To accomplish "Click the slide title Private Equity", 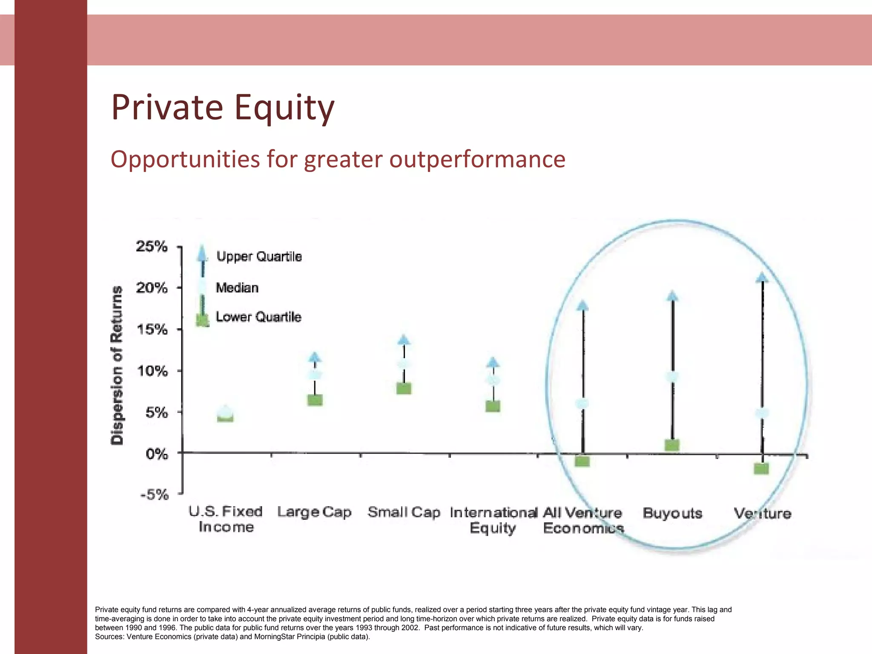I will coord(223,107).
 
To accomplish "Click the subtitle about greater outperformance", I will coord(338,159).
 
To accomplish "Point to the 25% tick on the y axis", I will coord(152,246).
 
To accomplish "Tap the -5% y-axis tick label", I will coord(154,495).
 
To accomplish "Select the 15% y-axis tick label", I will coord(152,329).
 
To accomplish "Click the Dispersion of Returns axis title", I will coord(117,365).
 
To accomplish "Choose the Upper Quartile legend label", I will coord(259,256).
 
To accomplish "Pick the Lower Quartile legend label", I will coord(258,317).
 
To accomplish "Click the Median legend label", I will coord(237,288).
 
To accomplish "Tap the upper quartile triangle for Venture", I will coord(762,278).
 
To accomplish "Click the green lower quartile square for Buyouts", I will coord(672,445).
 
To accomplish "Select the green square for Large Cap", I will coord(315,400).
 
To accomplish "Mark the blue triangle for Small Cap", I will coord(404,340).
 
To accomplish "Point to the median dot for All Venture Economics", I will coord(582,403).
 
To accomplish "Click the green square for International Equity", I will coord(493,406).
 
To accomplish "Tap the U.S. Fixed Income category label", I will coord(226,519).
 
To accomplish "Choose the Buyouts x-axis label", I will coord(672,513).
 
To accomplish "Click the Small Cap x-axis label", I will coord(404,512).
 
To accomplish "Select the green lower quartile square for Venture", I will coord(761,468).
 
